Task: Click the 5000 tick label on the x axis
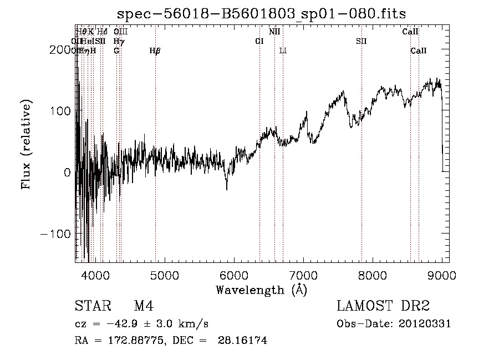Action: tap(164, 275)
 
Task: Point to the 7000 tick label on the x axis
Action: tap(303, 275)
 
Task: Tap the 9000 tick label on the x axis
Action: tap(442, 275)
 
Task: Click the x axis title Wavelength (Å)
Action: tap(261, 290)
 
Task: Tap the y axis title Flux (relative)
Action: tap(26, 145)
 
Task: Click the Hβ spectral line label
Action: tap(155, 51)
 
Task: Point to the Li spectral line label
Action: tap(283, 51)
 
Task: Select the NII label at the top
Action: tap(274, 32)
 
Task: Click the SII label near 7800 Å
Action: tap(361, 41)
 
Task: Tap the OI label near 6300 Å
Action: tap(259, 41)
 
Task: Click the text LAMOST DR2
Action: tap(383, 306)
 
